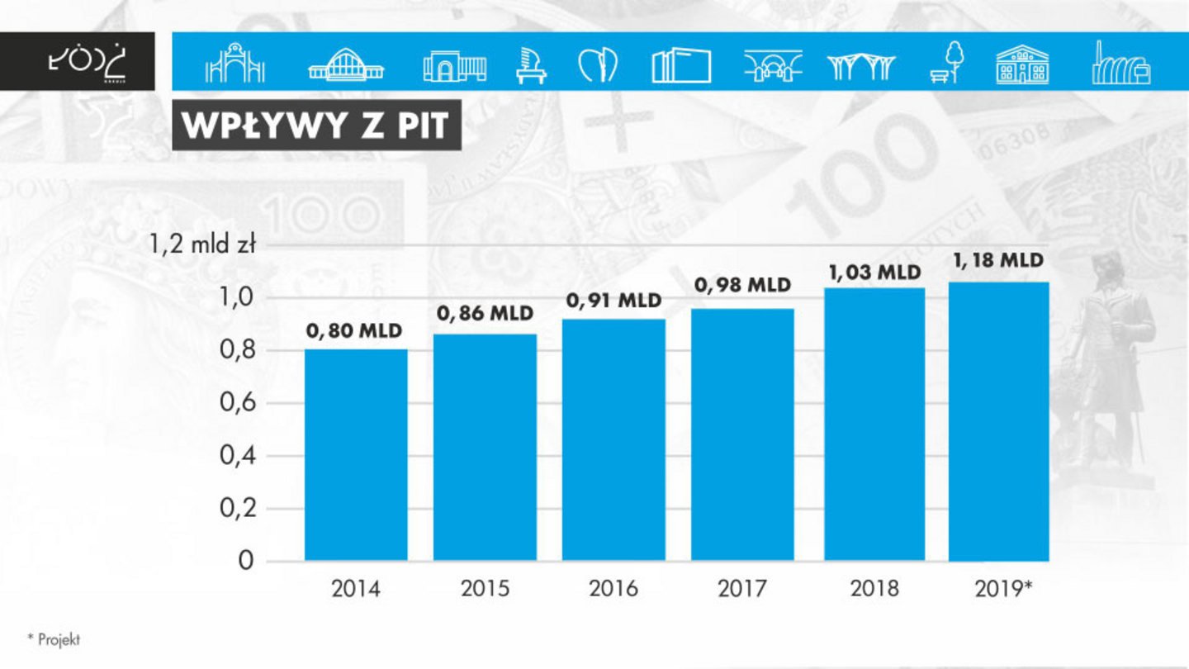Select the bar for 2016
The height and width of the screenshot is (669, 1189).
click(613, 439)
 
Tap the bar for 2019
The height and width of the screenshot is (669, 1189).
click(998, 421)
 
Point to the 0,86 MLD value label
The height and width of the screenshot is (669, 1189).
click(485, 314)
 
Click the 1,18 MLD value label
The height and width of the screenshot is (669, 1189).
click(998, 261)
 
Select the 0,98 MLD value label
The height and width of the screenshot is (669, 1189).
click(742, 286)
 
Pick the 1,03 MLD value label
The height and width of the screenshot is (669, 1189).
click(874, 272)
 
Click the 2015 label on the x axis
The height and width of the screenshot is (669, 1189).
click(485, 589)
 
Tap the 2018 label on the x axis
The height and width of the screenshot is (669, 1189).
click(874, 589)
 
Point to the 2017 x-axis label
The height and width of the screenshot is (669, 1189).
click(742, 589)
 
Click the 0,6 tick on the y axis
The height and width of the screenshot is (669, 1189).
click(237, 404)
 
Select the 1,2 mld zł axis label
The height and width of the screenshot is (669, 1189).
click(201, 245)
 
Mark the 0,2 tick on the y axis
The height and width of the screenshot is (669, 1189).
click(237, 509)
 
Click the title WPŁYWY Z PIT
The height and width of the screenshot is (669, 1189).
click(315, 126)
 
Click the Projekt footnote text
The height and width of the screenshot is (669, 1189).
click(54, 639)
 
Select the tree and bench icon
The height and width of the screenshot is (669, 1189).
click(950, 62)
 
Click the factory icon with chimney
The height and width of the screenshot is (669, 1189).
click(1120, 62)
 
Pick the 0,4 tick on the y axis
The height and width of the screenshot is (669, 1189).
click(237, 456)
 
